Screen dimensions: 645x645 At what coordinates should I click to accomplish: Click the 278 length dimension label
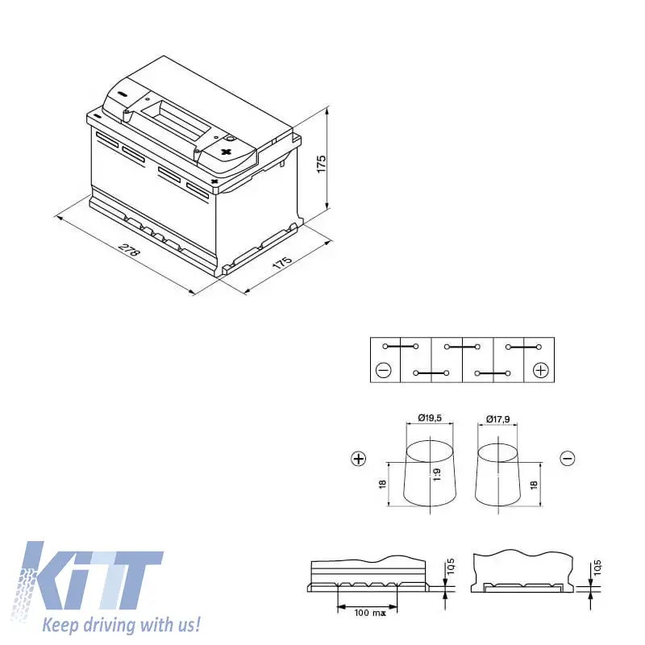[130, 250]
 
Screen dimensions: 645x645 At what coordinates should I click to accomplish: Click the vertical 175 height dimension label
[321, 164]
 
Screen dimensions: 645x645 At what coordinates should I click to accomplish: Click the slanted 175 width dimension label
[283, 263]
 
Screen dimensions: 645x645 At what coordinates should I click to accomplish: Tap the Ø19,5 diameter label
[430, 418]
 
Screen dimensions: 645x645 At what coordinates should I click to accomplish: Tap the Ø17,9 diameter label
[497, 418]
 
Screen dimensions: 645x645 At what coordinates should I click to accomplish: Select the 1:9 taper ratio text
[437, 474]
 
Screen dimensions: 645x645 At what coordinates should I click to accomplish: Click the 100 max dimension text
[370, 613]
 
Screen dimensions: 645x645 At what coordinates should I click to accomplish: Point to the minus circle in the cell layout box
[384, 371]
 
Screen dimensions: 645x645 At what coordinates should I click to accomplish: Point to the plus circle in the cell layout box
[540, 370]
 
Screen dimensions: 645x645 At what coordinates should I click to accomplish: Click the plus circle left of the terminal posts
[359, 458]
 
